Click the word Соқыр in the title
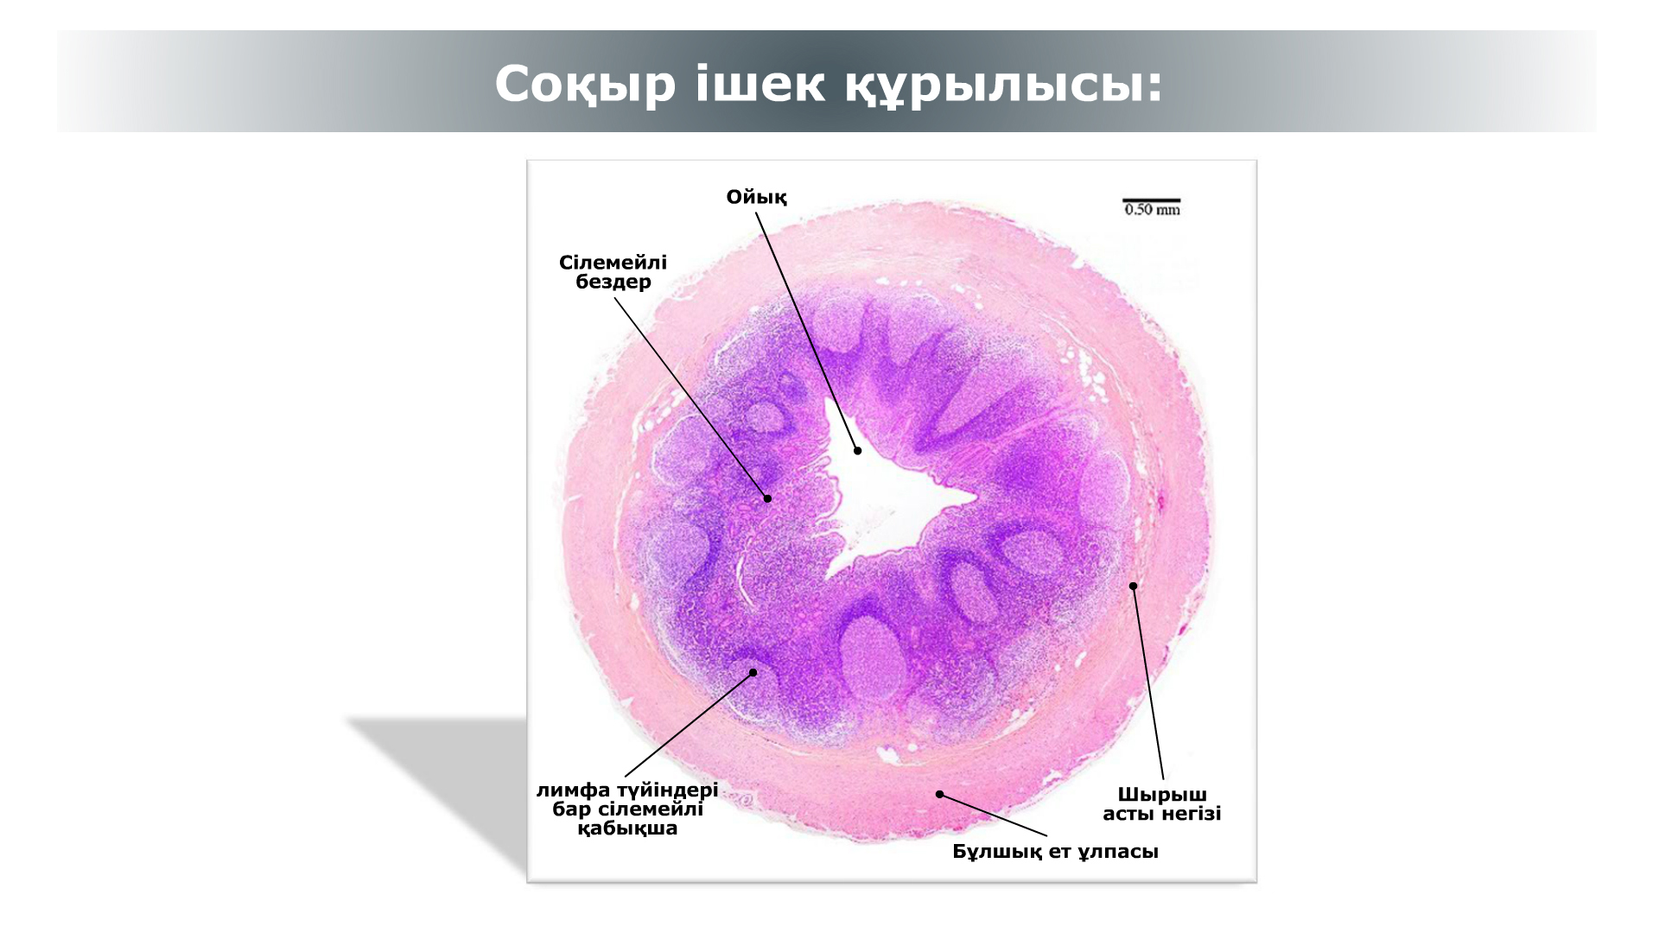click(x=585, y=85)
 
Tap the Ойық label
click(x=756, y=198)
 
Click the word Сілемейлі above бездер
click(x=613, y=262)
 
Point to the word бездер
click(x=613, y=282)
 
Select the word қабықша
click(x=627, y=829)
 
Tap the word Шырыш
click(x=1162, y=795)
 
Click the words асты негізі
click(x=1162, y=814)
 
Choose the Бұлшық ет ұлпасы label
click(x=1055, y=852)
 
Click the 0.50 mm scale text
click(x=1152, y=210)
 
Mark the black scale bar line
click(x=1152, y=200)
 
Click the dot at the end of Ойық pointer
click(x=858, y=450)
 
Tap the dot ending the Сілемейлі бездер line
click(x=767, y=498)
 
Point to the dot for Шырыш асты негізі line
click(x=1133, y=586)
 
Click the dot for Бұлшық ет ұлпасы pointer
click(x=939, y=794)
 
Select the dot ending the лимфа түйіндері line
click(x=753, y=672)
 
